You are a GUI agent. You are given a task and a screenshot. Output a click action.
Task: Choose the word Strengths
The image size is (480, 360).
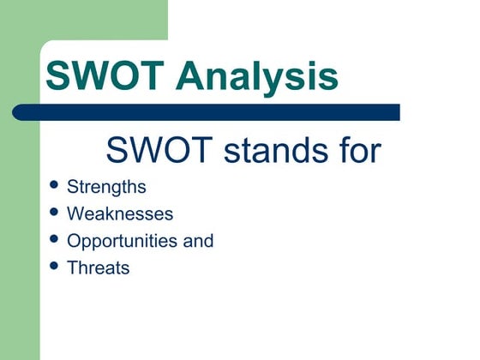106,188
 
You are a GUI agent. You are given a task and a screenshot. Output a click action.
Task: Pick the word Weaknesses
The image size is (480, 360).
120,214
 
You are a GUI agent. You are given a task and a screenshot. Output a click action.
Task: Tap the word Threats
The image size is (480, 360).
98,267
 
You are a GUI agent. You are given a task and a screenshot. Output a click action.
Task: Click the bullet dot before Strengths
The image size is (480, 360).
56,185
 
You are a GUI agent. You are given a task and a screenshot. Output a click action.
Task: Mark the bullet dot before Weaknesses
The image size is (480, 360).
56,212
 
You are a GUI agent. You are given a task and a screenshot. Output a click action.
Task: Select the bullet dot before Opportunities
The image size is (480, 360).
56,238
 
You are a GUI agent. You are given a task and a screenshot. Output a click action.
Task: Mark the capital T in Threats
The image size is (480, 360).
72,267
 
